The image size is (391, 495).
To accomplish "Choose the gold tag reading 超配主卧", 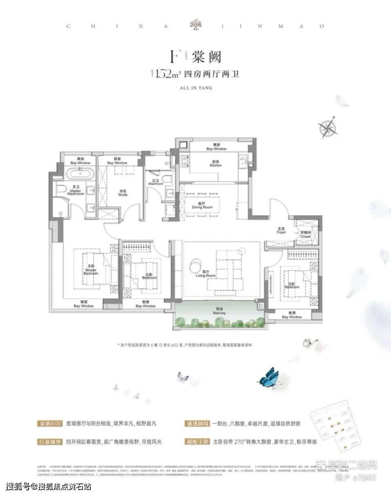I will [x=198, y=441].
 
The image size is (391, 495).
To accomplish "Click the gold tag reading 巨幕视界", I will [x=49, y=441].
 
